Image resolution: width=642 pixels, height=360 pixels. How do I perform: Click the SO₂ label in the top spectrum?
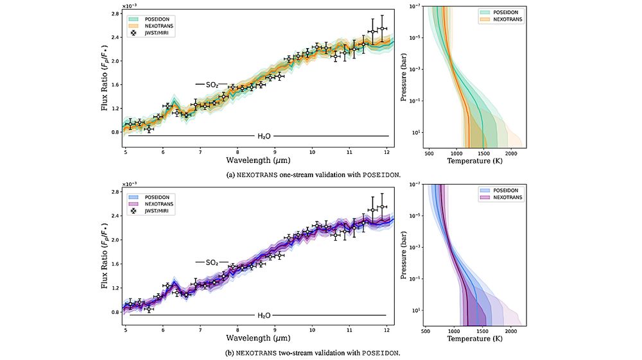click(x=212, y=85)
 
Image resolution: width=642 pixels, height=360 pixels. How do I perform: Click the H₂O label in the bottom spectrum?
click(x=264, y=315)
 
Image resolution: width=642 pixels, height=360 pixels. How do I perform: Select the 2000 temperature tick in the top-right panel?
click(x=511, y=153)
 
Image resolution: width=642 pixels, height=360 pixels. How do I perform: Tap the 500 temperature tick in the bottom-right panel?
click(x=426, y=332)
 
